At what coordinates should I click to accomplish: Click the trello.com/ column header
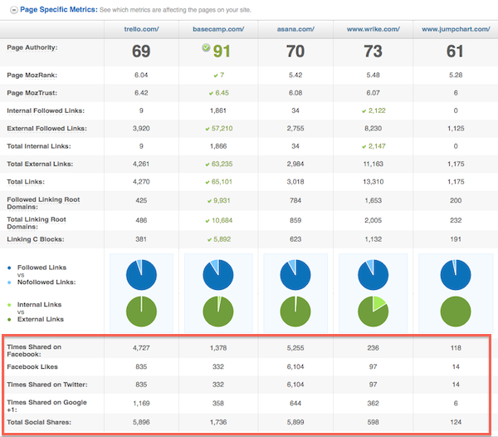[x=140, y=29]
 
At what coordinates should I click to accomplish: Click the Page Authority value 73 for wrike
[x=373, y=52]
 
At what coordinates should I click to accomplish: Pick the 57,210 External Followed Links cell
[x=218, y=129]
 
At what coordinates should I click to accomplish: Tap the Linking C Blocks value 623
[x=296, y=238]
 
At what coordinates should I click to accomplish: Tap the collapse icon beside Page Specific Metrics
[x=10, y=8]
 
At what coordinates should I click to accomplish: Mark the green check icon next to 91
[x=205, y=48]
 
